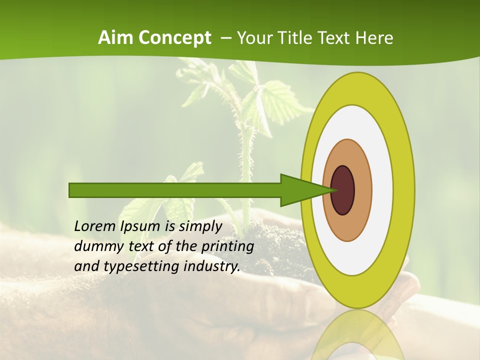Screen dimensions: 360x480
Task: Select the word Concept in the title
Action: pos(175,37)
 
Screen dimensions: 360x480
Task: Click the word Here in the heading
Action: pos(374,37)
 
